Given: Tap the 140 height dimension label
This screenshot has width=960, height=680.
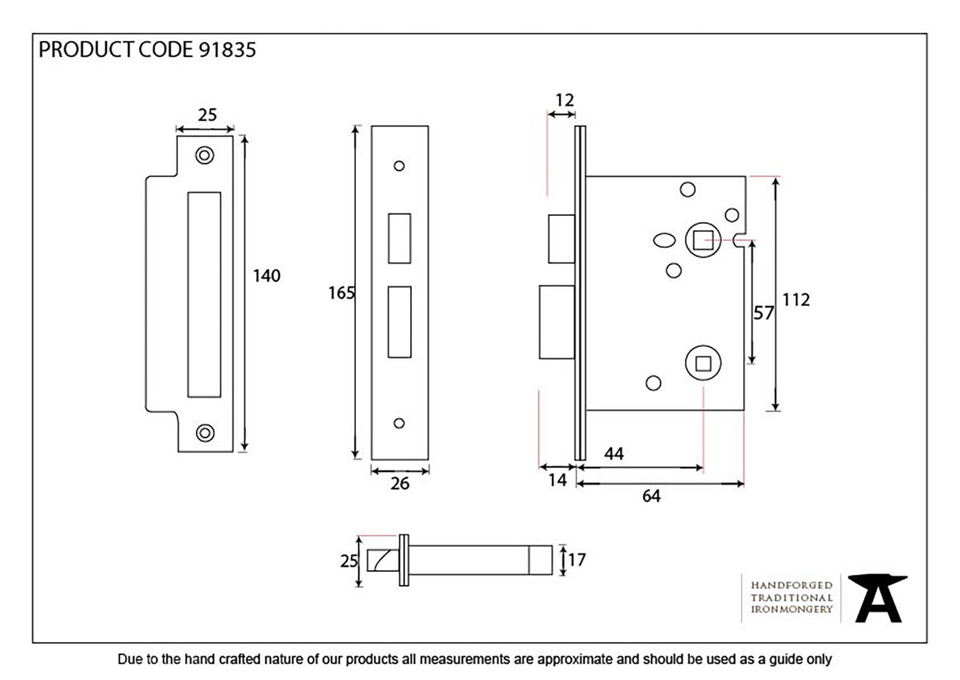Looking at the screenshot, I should click(x=266, y=276).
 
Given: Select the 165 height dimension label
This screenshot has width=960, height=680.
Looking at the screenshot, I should click(x=341, y=293).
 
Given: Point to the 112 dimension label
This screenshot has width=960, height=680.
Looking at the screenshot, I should click(x=796, y=300).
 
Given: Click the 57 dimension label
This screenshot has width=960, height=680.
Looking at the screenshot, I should click(x=763, y=313).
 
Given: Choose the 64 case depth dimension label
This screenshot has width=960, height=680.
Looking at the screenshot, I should click(x=651, y=497).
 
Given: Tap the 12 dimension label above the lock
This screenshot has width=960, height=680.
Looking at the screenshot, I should click(x=564, y=100).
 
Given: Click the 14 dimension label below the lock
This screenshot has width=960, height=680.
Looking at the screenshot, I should click(x=557, y=479).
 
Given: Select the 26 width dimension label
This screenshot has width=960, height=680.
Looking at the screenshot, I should click(x=400, y=484).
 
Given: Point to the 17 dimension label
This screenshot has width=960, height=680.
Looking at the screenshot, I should click(x=576, y=560).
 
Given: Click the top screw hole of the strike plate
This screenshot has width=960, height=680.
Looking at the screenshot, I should click(x=205, y=155).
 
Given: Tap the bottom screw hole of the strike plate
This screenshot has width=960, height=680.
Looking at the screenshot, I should click(x=205, y=432).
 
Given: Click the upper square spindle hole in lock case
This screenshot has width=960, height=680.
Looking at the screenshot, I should click(x=701, y=239).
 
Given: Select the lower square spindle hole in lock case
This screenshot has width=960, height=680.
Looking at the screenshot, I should click(x=701, y=363).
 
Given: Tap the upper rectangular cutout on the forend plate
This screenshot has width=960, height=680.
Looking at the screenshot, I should click(x=399, y=237).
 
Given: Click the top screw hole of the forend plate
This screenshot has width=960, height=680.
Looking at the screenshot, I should click(x=399, y=166).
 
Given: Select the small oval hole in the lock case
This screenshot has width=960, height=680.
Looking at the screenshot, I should click(x=665, y=240).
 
